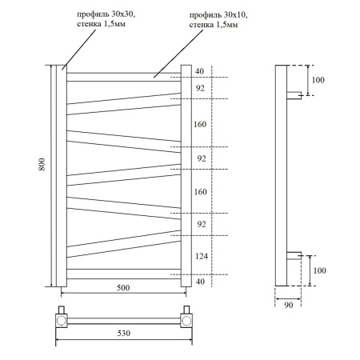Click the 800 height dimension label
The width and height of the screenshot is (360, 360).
coord(42,163)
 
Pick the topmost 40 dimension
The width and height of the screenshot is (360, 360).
coord(200,71)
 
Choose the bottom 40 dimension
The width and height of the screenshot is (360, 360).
coord(200,281)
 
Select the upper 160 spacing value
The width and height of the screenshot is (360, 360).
coord(200,124)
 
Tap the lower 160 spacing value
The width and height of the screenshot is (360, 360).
coord(200,192)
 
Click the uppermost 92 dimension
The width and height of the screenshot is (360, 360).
coord(200,88)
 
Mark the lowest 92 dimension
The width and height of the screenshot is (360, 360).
coord(200,224)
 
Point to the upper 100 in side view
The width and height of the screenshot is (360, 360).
coord(318,80)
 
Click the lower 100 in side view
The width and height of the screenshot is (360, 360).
coord(318,270)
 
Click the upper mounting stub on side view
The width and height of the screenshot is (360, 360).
coord(294,94)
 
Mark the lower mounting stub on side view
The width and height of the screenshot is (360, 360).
coord(294,255)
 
